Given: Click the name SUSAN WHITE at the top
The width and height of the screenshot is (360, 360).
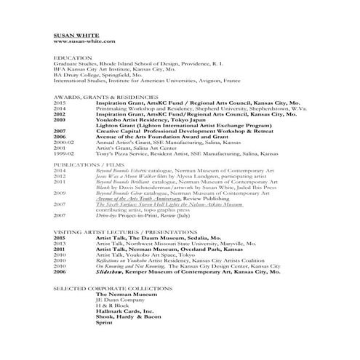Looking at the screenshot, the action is point(77,34).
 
